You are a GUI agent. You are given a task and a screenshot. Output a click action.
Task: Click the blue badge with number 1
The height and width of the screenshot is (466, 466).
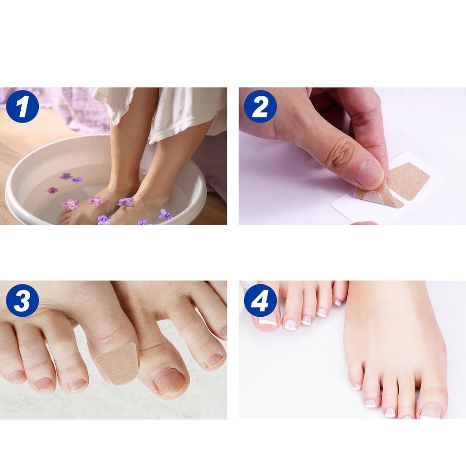pyautogui.click(x=22, y=106)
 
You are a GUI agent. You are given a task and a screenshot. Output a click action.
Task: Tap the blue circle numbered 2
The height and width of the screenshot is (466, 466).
pyautogui.click(x=260, y=106)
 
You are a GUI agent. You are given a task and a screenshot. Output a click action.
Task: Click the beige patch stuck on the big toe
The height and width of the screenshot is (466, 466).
pyautogui.click(x=117, y=362)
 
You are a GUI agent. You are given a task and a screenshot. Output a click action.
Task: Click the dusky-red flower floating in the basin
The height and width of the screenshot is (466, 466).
pyautogui.click(x=53, y=190)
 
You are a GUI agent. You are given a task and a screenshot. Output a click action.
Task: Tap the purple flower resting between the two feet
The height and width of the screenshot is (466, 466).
pyautogui.click(x=125, y=202)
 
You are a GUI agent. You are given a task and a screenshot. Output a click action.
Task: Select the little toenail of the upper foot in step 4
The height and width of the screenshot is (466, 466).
pyautogui.click(x=338, y=303)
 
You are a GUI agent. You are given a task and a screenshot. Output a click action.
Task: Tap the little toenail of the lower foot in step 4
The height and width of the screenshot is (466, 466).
pyautogui.click(x=356, y=387)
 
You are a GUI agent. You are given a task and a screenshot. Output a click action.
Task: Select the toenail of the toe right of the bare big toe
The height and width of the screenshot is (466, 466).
pyautogui.click(x=214, y=361)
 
